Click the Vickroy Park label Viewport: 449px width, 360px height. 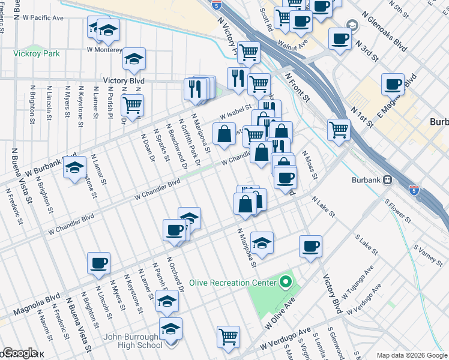(37, 53)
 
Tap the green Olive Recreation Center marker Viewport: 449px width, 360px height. (285, 282)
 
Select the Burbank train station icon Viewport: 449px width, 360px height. (388, 179)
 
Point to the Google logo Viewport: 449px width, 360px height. (19, 353)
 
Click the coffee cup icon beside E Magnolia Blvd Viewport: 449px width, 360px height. (393, 85)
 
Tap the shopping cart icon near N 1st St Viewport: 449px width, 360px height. (339, 128)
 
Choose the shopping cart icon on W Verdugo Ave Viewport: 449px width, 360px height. (228, 337)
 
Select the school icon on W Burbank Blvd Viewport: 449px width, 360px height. (74, 167)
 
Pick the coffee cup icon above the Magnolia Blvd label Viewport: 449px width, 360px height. (98, 262)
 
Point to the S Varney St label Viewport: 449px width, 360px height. (428, 256)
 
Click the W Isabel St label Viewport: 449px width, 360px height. (235, 111)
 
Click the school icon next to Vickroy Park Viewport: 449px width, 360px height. (134, 58)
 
